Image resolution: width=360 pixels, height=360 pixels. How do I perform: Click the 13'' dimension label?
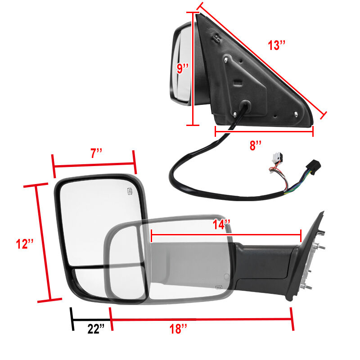(x=277, y=45)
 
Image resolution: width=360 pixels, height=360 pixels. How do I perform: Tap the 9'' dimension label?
(x=183, y=68)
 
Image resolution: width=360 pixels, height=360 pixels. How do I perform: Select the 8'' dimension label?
(x=256, y=145)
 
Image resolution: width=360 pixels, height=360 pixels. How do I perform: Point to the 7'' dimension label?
(x=96, y=153)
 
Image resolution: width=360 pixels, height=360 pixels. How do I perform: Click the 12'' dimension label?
(x=25, y=243)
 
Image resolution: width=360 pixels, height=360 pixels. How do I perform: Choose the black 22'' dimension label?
(x=96, y=329)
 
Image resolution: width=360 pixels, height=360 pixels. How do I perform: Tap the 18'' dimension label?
(x=178, y=329)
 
